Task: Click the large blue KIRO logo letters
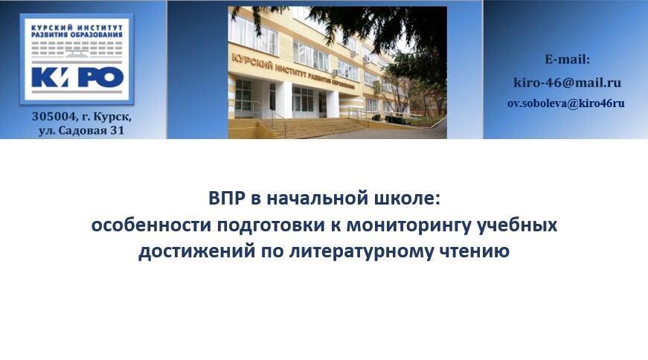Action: (77, 77)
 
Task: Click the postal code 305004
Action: (54, 117)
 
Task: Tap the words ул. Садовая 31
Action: (81, 131)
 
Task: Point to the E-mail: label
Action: (568, 60)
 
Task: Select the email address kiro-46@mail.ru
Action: (568, 83)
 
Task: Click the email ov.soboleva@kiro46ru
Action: (566, 103)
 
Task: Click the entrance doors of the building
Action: (303, 101)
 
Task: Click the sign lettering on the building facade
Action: (292, 71)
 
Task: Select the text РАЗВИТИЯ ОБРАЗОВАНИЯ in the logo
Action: (77, 35)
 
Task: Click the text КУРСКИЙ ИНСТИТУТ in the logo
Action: (77, 28)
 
